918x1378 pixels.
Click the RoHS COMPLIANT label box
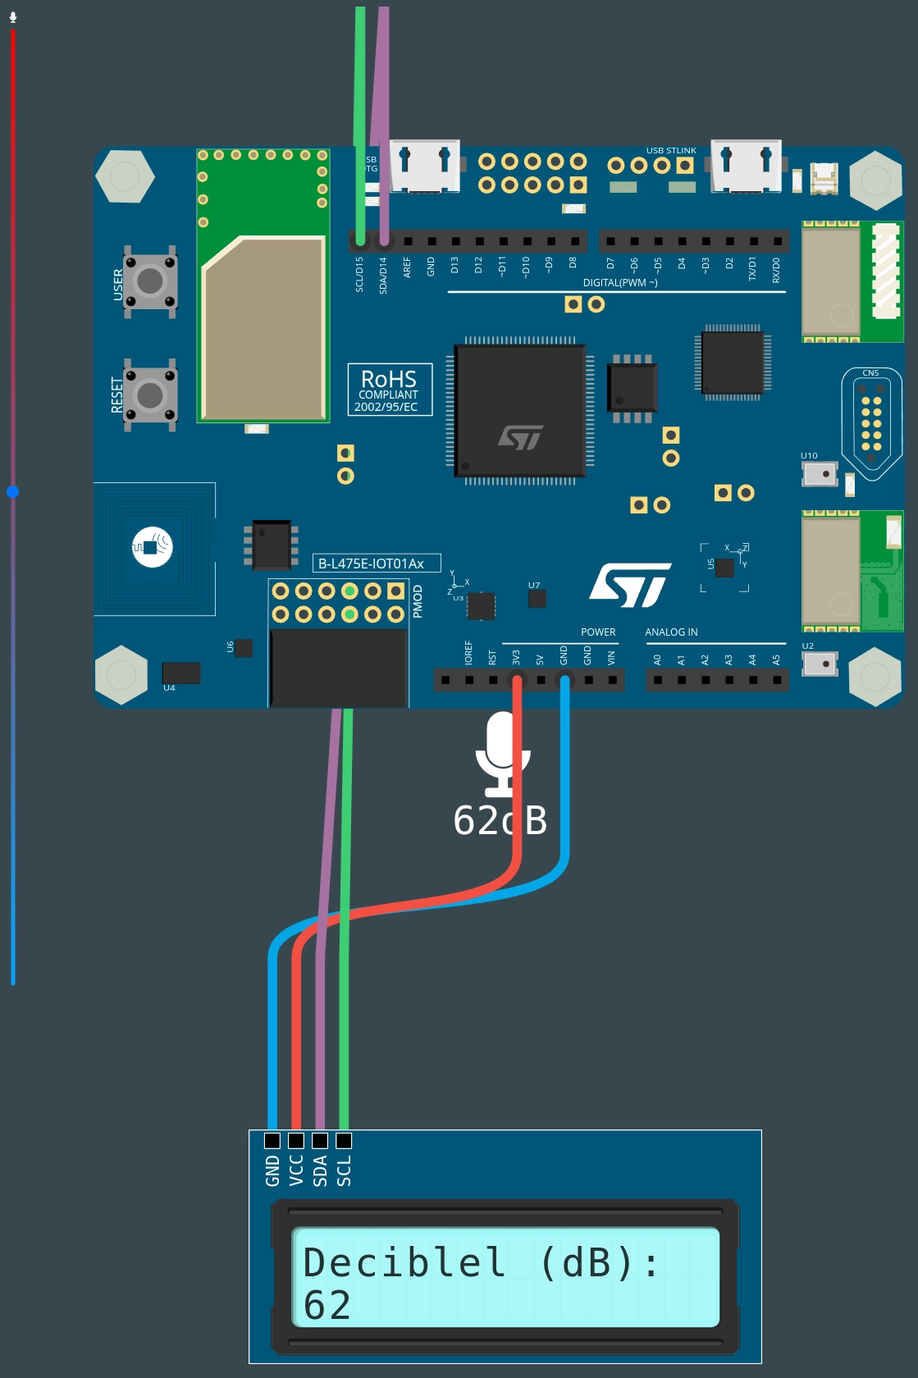click(x=390, y=390)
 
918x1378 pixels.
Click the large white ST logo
click(x=630, y=585)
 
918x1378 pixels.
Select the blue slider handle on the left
click(x=12, y=492)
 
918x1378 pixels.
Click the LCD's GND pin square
click(x=272, y=1140)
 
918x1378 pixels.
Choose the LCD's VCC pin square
click(x=296, y=1140)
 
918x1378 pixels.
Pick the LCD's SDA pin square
click(x=320, y=1140)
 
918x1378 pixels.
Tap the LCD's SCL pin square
click(x=344, y=1140)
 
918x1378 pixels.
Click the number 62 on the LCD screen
click(x=327, y=1305)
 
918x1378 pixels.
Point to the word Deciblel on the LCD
click(x=404, y=1262)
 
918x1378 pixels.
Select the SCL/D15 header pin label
click(x=359, y=275)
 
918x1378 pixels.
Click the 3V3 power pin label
click(x=516, y=658)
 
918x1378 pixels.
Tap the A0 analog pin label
click(x=657, y=659)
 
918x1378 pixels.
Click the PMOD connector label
click(x=418, y=601)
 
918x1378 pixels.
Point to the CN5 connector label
click(x=870, y=373)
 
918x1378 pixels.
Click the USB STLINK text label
click(x=670, y=151)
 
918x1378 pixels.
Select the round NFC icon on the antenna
click(x=153, y=546)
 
